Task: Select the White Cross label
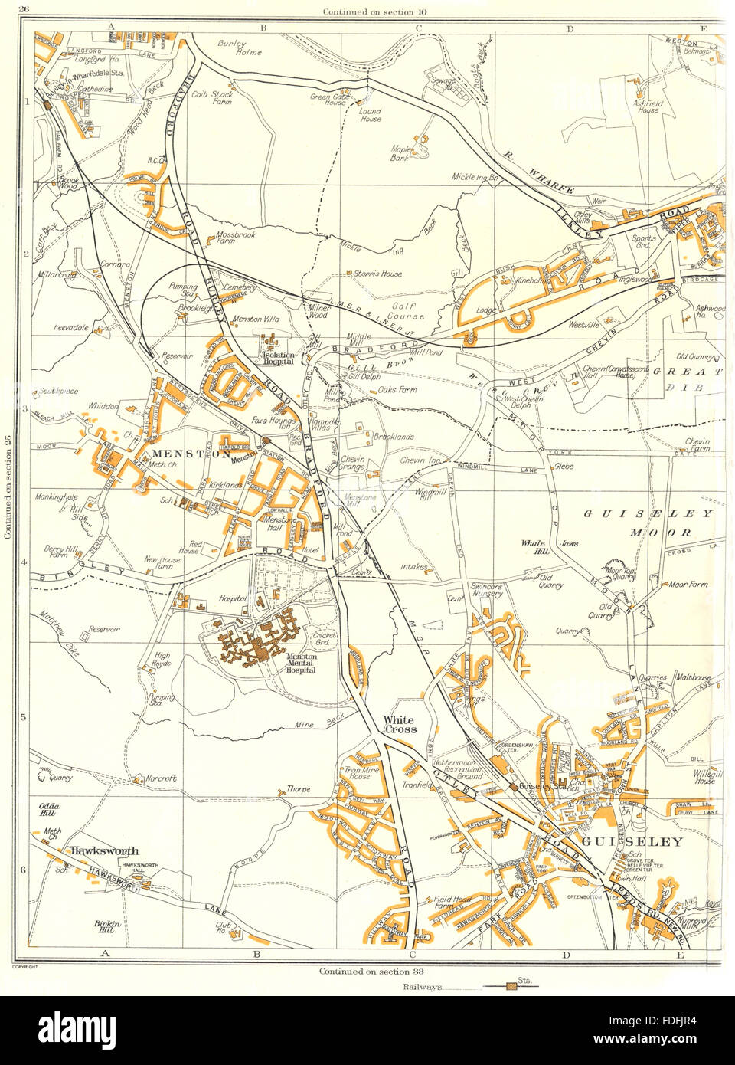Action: tap(400, 725)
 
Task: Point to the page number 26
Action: tap(24, 9)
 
